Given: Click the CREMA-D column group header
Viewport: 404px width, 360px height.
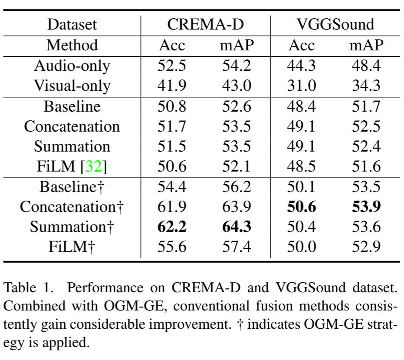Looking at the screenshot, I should coord(205,24).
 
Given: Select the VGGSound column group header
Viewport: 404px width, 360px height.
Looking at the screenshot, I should coord(335,24).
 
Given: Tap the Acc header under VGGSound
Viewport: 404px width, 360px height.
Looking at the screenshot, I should coord(302,45).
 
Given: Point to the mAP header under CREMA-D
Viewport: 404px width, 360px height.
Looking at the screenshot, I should coord(237,45).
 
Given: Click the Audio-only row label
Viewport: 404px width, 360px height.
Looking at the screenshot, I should coord(72,66).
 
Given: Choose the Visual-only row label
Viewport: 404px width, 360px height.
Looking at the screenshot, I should coord(72,86).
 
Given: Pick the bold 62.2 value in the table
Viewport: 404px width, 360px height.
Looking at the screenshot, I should coord(172,227).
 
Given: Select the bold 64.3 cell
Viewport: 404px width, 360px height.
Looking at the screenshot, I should coord(237,227).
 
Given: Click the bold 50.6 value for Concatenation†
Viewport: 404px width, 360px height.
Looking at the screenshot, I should coord(302,207).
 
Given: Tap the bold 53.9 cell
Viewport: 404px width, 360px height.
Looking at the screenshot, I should coord(366,207).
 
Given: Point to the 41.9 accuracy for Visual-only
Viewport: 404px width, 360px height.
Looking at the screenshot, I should coord(172,86).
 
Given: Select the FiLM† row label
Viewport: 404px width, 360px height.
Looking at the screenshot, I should coord(72,247).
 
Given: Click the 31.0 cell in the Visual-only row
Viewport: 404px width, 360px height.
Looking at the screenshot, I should coord(302,86).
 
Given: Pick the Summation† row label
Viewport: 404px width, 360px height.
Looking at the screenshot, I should coord(72,227).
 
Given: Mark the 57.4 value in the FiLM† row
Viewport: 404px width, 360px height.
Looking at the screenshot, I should coord(237,247).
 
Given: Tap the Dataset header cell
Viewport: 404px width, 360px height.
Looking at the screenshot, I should coord(72,24).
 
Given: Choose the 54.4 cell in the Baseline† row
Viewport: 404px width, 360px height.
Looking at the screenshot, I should coord(172,187).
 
